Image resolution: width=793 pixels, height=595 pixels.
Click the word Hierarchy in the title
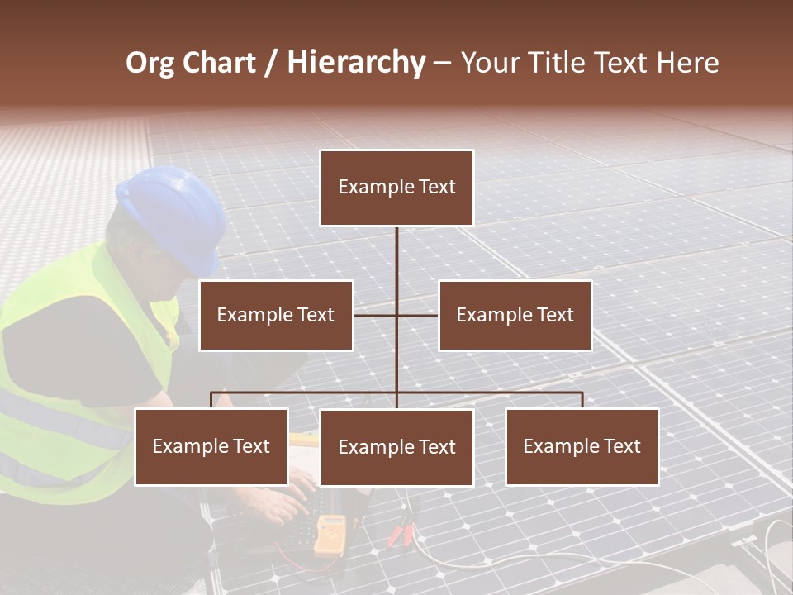click(356, 63)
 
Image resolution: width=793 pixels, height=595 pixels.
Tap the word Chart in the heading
click(221, 63)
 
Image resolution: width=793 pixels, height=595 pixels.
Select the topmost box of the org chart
click(396, 188)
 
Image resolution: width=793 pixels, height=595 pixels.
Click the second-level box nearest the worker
click(276, 315)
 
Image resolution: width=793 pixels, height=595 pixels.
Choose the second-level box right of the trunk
click(515, 315)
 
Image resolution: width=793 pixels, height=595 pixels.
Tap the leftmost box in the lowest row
click(211, 446)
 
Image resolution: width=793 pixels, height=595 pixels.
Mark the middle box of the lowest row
click(396, 447)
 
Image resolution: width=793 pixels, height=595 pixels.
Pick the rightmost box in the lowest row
click(582, 446)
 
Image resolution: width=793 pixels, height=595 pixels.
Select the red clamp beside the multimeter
click(401, 529)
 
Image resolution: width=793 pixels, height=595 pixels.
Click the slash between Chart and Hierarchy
click(270, 63)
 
